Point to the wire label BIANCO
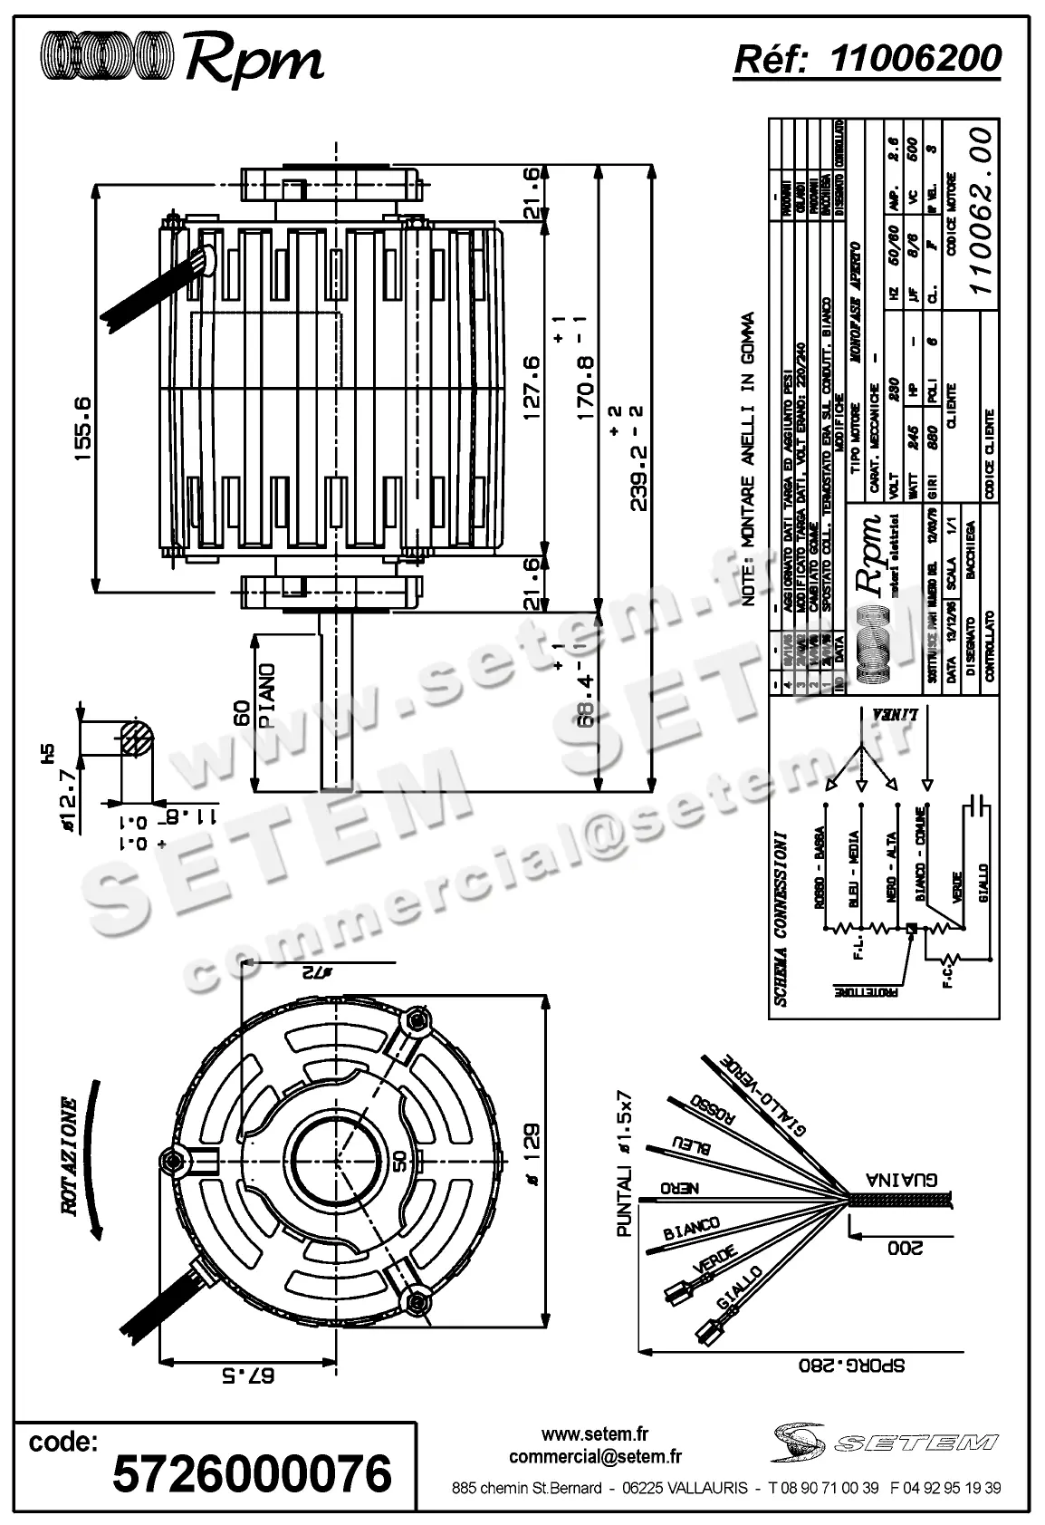click(692, 1230)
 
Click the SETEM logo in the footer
click(886, 1440)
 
